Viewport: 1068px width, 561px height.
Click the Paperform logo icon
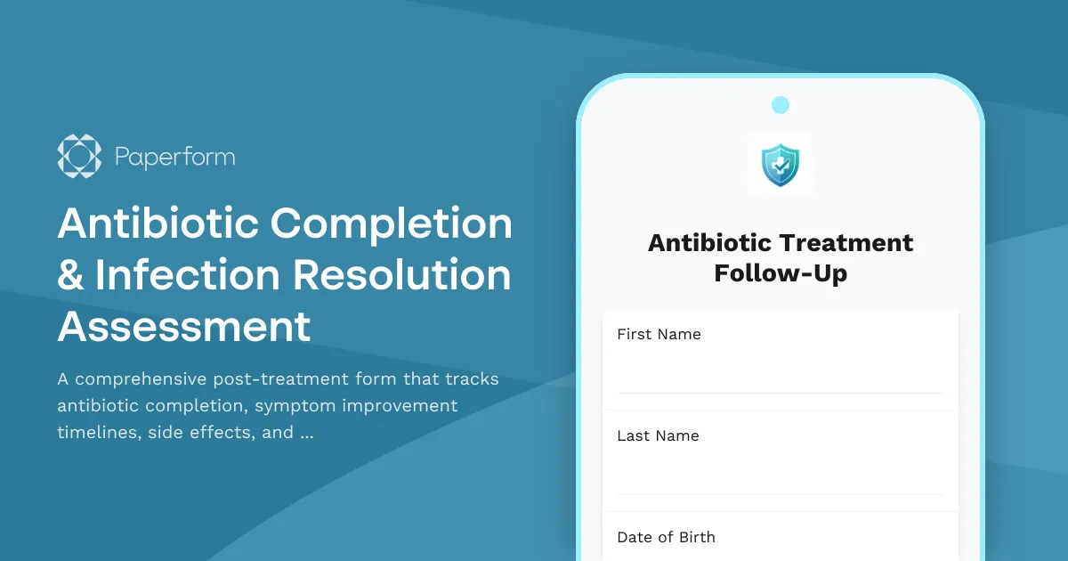(79, 157)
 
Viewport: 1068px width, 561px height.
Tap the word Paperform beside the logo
(175, 158)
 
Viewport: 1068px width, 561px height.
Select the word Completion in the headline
(392, 223)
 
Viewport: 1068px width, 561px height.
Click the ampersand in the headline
(70, 275)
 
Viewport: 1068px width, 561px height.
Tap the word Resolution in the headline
(402, 275)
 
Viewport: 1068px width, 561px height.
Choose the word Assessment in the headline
(184, 327)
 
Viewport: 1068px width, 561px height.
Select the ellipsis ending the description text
(307, 434)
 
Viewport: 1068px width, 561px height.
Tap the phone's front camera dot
(781, 105)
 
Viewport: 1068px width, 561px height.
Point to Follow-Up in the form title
(781, 272)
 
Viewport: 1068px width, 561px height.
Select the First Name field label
(659, 334)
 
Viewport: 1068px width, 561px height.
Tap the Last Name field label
(658, 435)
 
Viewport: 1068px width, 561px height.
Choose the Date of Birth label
(666, 537)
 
